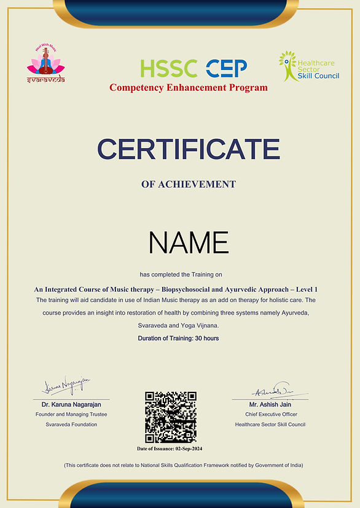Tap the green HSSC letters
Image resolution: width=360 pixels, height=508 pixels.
(x=168, y=68)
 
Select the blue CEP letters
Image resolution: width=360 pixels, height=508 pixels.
(x=226, y=68)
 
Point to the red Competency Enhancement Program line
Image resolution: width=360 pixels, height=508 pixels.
(x=189, y=88)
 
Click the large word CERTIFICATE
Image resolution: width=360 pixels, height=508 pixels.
(x=189, y=149)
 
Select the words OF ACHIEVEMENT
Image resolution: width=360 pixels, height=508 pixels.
(x=189, y=184)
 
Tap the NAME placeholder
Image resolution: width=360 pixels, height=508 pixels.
(x=189, y=243)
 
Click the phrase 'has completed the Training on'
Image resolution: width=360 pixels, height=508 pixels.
(x=189, y=273)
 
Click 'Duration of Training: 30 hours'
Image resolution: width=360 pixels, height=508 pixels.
(x=178, y=338)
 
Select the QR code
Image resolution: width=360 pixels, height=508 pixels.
(x=170, y=417)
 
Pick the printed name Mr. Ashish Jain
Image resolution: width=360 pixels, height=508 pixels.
(x=270, y=405)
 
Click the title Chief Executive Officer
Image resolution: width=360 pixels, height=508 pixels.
(x=270, y=415)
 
